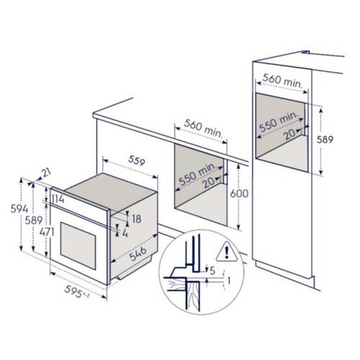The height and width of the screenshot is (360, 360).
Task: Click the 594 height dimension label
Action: tap(19, 209)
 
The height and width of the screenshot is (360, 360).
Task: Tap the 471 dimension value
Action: tap(47, 232)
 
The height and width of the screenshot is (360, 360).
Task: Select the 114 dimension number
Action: tap(58, 199)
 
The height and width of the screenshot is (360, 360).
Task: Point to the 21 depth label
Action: tap(46, 172)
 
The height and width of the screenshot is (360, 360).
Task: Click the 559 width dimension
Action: tap(137, 161)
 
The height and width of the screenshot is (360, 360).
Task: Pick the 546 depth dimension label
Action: tap(138, 254)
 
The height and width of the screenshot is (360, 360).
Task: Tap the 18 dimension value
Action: tap(137, 219)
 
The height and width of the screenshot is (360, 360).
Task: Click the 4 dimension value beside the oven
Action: tap(125, 233)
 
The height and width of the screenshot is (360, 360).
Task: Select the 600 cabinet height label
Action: tap(239, 194)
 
